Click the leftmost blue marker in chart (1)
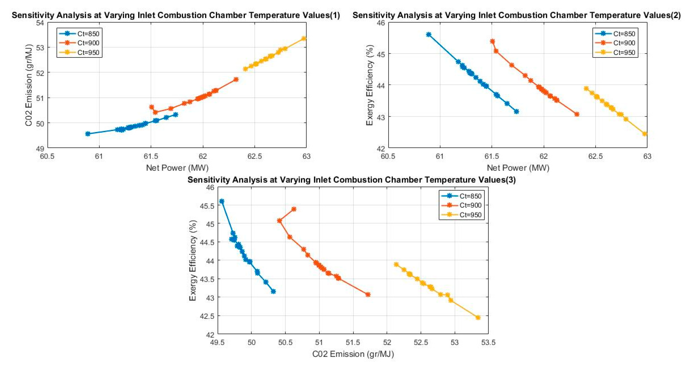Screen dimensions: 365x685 pos(88,134)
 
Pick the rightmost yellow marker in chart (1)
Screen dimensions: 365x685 pos(304,39)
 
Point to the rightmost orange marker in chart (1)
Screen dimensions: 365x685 pos(236,80)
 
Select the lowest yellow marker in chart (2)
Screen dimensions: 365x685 pos(645,134)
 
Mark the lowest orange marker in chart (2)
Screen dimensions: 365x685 pos(577,114)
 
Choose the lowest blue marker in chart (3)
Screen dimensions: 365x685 pos(273,292)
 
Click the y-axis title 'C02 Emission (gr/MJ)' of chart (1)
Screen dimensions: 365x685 pos(29,85)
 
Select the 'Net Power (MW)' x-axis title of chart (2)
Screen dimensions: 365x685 pos(518,168)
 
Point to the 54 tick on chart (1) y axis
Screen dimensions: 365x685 pos(40,23)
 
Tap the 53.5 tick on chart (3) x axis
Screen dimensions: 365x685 pos(488,343)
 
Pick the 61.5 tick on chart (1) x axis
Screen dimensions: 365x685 pos(151,156)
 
